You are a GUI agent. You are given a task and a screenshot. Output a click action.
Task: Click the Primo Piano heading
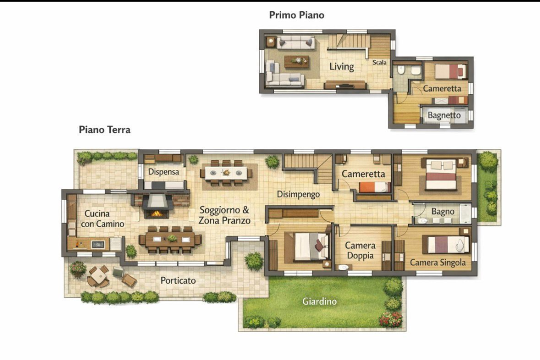[x=296, y=15]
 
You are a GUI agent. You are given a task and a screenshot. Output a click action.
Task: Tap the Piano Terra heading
[x=104, y=129]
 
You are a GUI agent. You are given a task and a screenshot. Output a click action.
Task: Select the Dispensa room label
[x=163, y=171]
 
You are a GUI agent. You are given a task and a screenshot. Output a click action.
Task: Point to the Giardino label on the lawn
[x=319, y=301]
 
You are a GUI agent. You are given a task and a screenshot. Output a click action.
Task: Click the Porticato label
[x=178, y=280]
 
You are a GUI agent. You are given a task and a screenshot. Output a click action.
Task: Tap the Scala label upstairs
[x=379, y=62]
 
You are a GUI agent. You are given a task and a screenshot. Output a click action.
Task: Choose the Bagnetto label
[x=444, y=115]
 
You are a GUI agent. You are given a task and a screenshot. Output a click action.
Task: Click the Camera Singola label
[x=438, y=262]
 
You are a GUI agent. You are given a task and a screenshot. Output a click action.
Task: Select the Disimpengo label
[x=298, y=194]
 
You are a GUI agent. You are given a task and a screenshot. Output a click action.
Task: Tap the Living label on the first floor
[x=341, y=66]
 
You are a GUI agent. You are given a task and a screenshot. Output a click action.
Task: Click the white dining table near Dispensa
[x=226, y=172]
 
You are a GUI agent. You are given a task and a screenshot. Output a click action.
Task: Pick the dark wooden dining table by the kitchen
[x=170, y=238]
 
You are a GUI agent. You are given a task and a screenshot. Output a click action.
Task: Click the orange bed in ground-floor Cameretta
[x=374, y=187]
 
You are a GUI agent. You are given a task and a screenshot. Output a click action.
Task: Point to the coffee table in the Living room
[x=296, y=61]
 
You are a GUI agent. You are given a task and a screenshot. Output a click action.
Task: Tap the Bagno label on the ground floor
[x=443, y=211]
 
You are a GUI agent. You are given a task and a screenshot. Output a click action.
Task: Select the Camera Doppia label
[x=360, y=250]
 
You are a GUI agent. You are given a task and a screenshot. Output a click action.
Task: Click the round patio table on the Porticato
[x=98, y=276]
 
